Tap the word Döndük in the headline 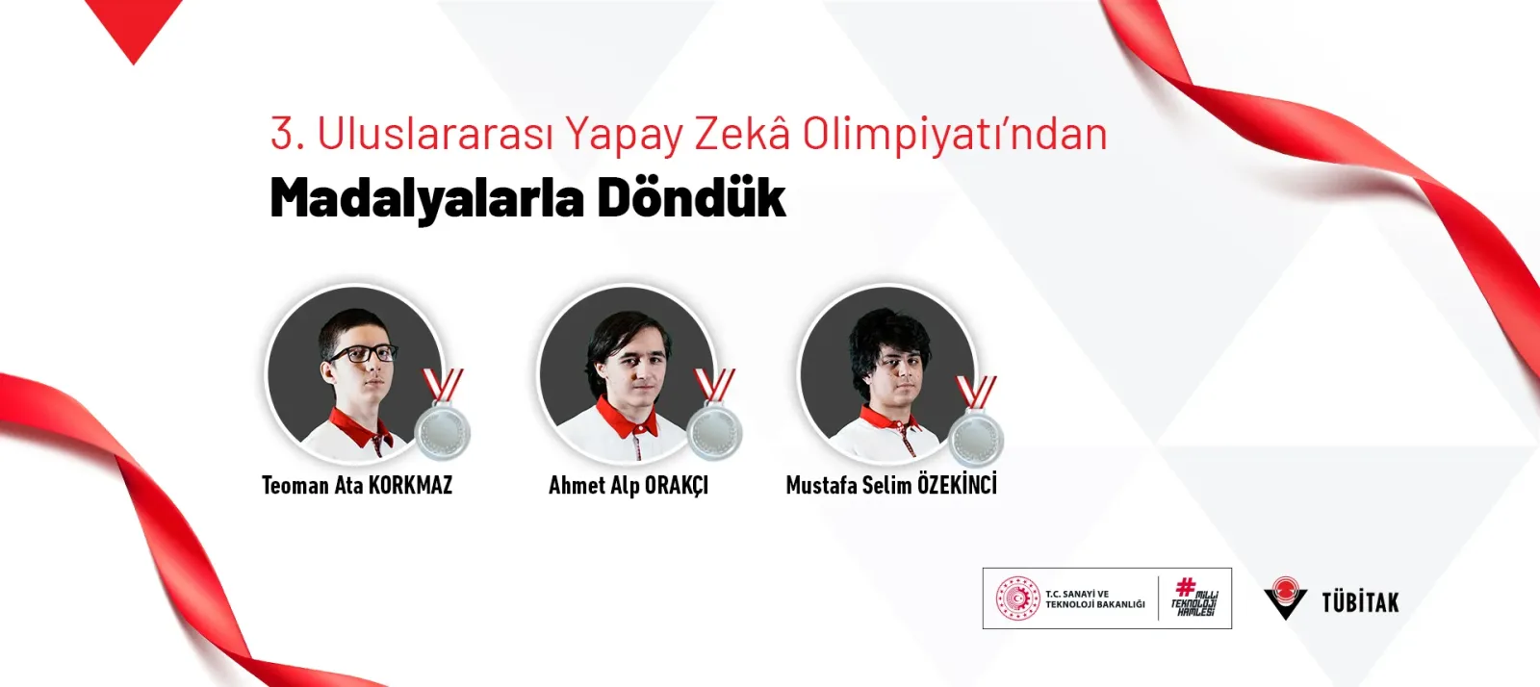point(691,197)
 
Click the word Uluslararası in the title point(435,134)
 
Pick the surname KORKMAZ point(410,486)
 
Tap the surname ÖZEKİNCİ point(958,484)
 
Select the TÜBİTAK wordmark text point(1360,602)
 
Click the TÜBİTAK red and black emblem point(1285,598)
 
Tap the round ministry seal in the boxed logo point(1017,598)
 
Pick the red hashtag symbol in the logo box point(1185,587)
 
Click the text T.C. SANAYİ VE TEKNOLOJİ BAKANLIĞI point(1095,599)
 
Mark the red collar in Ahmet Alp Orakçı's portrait point(627,418)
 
